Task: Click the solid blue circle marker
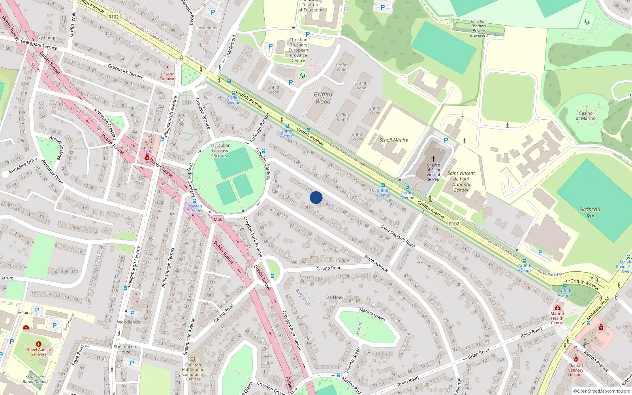point(316,197)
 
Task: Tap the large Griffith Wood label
point(323,98)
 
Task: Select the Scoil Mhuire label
point(393,140)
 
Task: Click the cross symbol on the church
point(433,159)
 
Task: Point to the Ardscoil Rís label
point(590,213)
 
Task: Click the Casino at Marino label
point(585,115)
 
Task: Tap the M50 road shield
point(218,219)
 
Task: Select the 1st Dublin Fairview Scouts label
point(220,150)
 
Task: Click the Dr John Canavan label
point(167,76)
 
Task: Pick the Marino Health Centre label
point(557,318)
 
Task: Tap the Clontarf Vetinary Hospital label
point(576,370)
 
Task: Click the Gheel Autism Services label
point(39,352)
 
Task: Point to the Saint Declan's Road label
point(398,235)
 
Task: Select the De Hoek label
point(335,297)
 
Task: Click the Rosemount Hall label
point(207,30)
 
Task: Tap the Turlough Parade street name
point(259,128)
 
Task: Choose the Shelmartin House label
point(125,349)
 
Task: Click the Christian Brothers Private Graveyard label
point(479,28)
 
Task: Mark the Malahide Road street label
point(598,308)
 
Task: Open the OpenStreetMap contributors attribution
point(602,391)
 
